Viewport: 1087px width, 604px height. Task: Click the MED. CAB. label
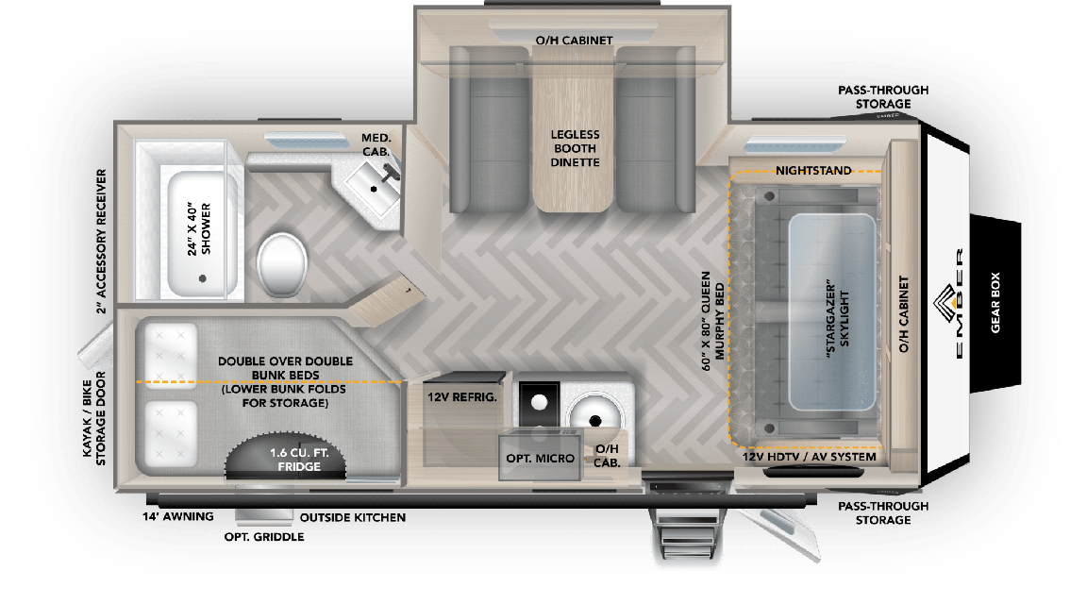pos(376,144)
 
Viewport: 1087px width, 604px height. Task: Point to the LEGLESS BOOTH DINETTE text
pos(576,148)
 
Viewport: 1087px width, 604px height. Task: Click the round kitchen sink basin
pos(594,411)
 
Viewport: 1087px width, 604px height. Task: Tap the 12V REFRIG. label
pos(462,397)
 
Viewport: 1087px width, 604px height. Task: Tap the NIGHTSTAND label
pos(813,171)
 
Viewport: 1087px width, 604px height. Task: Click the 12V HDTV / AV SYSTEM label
pos(810,457)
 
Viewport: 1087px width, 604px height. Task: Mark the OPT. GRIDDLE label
pos(264,537)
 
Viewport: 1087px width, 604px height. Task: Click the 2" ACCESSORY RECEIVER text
pos(101,241)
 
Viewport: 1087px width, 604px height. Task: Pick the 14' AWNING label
pos(176,517)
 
